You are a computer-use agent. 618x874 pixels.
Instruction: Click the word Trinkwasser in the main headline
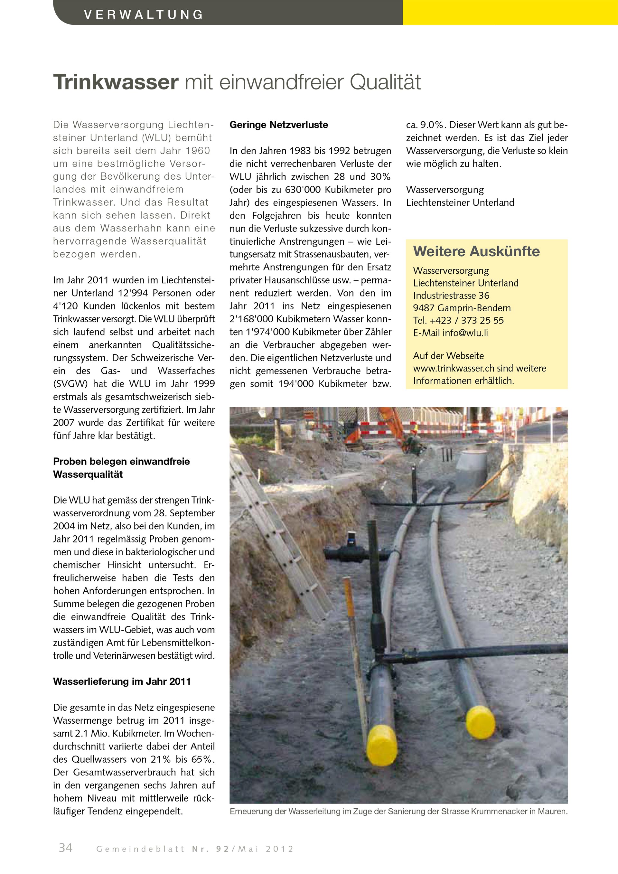[x=116, y=82]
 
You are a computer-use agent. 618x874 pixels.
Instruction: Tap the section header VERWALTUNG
[x=144, y=14]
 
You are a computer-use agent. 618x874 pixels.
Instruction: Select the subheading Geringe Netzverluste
[x=278, y=125]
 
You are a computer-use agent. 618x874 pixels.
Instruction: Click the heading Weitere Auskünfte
[x=476, y=251]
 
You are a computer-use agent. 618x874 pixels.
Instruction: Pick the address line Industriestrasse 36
[x=451, y=296]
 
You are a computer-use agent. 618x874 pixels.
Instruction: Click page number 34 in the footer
[x=65, y=848]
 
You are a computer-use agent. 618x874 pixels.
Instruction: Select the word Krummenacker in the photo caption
[x=499, y=811]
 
